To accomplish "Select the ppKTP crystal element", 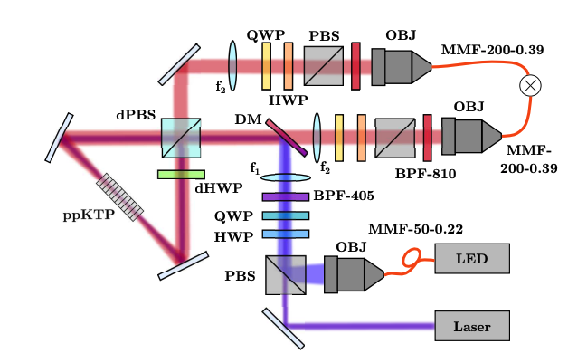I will (120, 197).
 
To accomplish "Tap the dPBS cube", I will (181, 139).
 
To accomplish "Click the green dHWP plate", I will (181, 174).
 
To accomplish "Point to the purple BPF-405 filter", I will (285, 196).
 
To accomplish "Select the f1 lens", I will (285, 177).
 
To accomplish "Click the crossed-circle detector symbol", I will (529, 86).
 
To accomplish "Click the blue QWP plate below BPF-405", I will (285, 215).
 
